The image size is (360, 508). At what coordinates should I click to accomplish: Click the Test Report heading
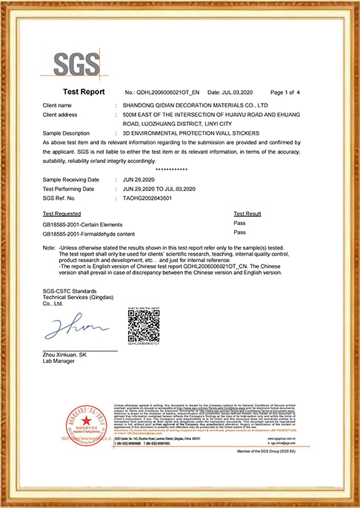pyautogui.click(x=84, y=93)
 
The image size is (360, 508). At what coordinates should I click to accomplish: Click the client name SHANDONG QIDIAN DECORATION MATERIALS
pyautogui.click(x=200, y=107)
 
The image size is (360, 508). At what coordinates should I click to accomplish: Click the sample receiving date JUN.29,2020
pyautogui.click(x=140, y=180)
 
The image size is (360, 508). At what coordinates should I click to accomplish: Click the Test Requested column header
pyautogui.click(x=64, y=213)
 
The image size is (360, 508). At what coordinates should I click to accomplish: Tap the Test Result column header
pyautogui.click(x=247, y=213)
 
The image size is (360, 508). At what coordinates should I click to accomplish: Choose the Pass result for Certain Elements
pyautogui.click(x=239, y=222)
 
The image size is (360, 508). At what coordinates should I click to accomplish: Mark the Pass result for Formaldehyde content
pyautogui.click(x=239, y=233)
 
